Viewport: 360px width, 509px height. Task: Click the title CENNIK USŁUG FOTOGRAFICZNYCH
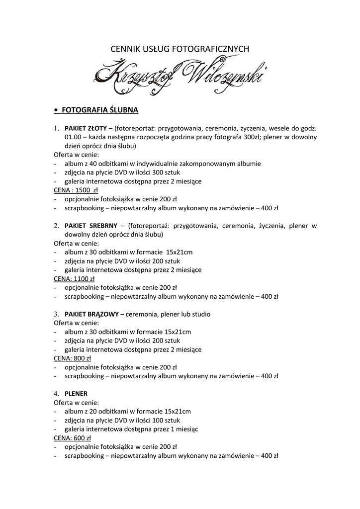(180, 49)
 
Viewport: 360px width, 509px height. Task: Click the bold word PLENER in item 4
(76, 393)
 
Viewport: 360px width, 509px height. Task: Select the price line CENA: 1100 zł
(74, 279)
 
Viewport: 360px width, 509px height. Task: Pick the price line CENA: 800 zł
(73, 358)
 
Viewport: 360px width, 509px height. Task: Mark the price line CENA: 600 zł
(73, 438)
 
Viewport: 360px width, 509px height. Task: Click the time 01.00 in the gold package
(73, 137)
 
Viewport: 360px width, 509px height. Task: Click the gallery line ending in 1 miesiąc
(131, 429)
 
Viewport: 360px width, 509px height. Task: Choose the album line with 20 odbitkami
(127, 411)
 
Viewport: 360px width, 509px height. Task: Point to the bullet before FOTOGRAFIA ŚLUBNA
(56, 110)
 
